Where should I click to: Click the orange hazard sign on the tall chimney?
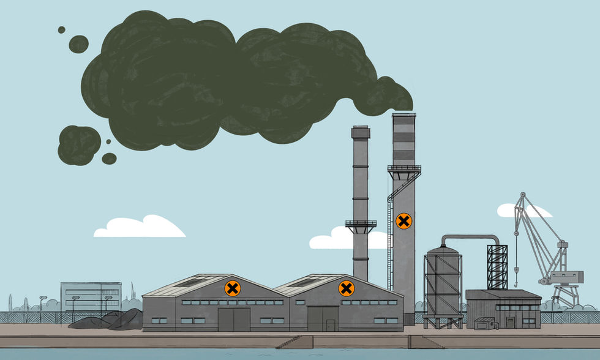tap(403, 221)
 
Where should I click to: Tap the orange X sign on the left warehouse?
tap(233, 288)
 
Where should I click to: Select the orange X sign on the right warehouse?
tap(347, 288)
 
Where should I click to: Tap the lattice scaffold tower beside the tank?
tap(497, 267)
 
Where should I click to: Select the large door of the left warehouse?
tap(234, 319)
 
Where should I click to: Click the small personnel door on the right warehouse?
tap(331, 325)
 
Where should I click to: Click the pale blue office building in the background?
tap(91, 296)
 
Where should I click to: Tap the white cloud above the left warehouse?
tap(140, 227)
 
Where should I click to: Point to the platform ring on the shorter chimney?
tap(361, 225)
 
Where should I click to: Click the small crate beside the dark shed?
tap(483, 323)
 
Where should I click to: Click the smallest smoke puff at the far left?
tap(61, 29)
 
